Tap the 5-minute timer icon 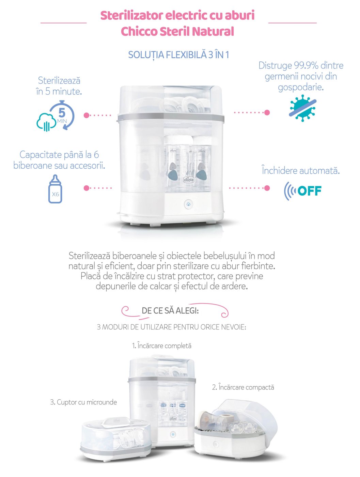point(56,116)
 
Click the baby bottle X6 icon point(55,189)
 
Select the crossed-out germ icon point(302,108)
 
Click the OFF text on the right point(309,191)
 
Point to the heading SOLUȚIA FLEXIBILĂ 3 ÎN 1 point(178,55)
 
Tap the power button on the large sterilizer point(188,204)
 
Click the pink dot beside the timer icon point(87,115)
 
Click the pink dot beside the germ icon point(267,112)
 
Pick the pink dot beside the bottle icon point(87,188)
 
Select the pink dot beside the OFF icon point(267,188)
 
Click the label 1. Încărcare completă point(162,346)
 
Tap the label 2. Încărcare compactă point(243,387)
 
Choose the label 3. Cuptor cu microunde point(83,402)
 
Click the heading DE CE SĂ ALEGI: point(170,310)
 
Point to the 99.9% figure point(306,65)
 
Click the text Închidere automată point(301,171)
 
